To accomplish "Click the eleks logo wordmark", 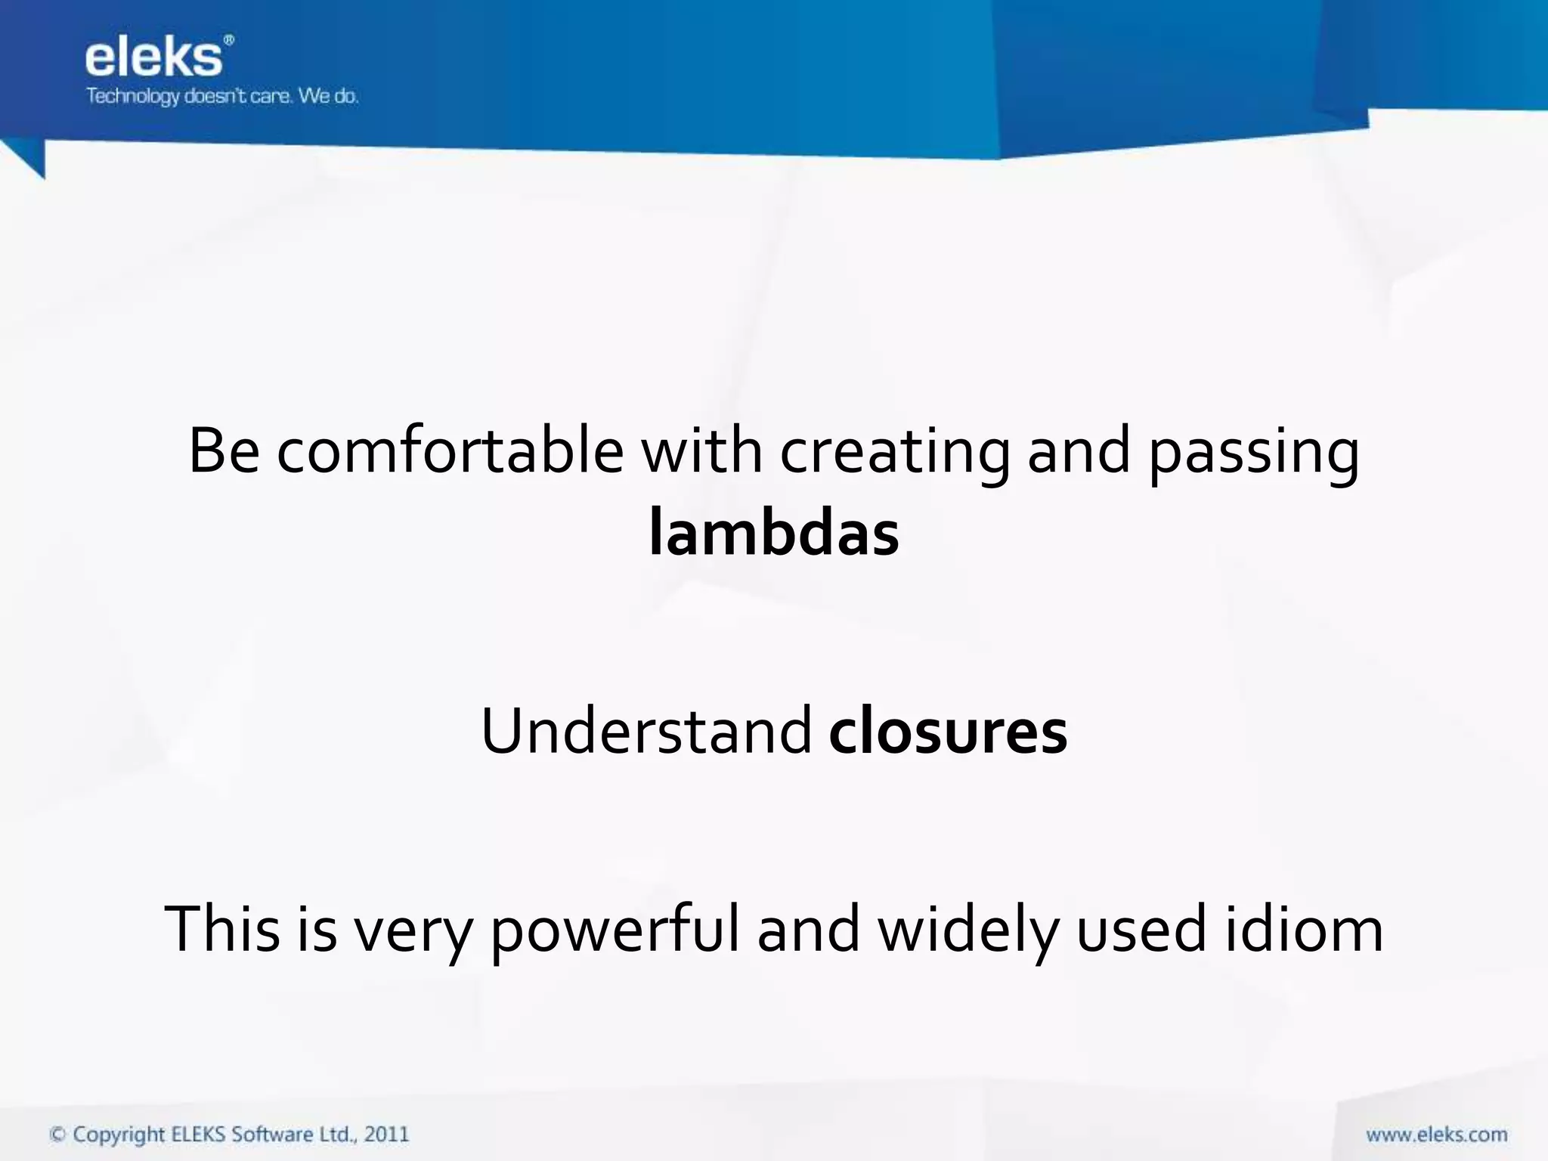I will (153, 58).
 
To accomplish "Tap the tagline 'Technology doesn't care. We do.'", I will (222, 97).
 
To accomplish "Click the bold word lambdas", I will (774, 534).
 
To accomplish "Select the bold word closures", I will (948, 731).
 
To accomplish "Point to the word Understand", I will (646, 731).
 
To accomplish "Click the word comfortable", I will (450, 451).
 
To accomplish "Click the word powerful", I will (615, 930).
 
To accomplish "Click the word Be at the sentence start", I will (224, 451).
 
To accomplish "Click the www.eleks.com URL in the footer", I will (1436, 1135).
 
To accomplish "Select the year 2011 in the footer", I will (386, 1135).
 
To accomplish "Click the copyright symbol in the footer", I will (57, 1135).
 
